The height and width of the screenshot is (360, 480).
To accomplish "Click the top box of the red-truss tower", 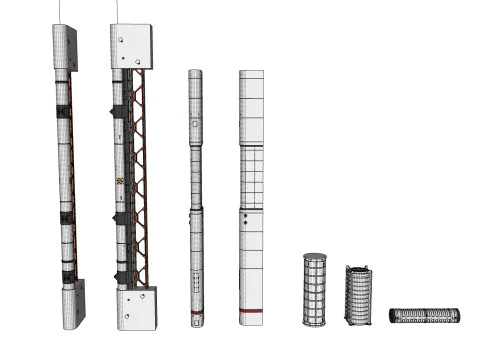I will (x=131, y=45).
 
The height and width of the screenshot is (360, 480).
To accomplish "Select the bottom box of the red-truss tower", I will (x=135, y=308).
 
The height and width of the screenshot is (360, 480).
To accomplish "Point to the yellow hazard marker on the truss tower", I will (x=120, y=182).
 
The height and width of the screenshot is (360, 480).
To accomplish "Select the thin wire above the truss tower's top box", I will (x=119, y=11).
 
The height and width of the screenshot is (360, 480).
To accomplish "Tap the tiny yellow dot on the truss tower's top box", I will (x=119, y=40).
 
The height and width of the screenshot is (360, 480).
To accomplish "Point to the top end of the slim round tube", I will (x=195, y=73).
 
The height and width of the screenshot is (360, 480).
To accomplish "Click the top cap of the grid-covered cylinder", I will (x=315, y=257).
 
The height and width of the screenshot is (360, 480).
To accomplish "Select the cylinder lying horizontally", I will (x=425, y=315).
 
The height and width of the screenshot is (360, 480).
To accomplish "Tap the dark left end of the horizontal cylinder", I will (x=393, y=316).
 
